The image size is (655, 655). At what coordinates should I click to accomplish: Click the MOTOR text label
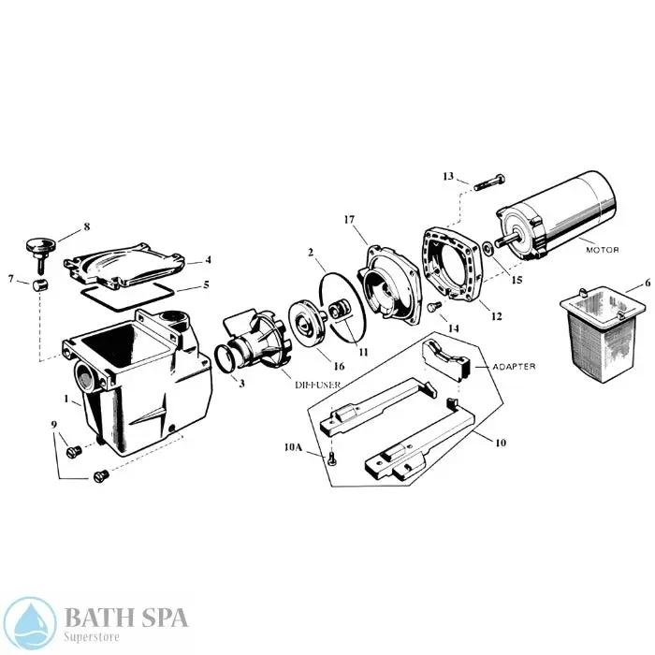click(603, 250)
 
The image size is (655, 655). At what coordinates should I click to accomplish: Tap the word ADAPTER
click(514, 367)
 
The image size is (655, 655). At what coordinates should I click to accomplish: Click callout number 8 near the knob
click(86, 226)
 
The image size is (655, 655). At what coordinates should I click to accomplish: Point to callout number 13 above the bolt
click(447, 176)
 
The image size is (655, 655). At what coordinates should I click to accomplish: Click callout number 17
click(348, 220)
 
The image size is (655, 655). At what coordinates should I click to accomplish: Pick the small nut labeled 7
click(40, 284)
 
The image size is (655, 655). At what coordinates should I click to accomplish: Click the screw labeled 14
click(433, 306)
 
